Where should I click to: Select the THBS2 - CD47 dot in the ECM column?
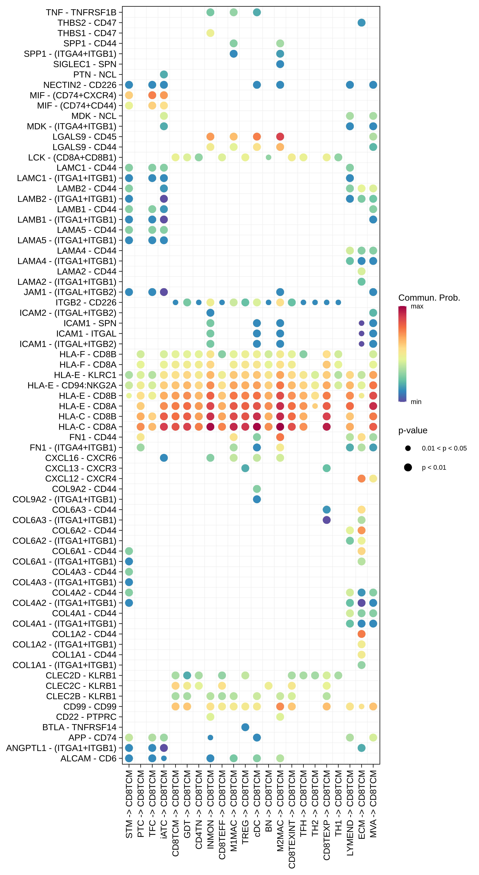click(x=361, y=23)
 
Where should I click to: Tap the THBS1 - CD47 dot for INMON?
click(x=210, y=33)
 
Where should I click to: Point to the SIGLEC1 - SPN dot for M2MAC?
click(x=280, y=64)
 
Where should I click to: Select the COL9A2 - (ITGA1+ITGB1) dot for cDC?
click(x=257, y=499)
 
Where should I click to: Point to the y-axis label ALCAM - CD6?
click(x=88, y=758)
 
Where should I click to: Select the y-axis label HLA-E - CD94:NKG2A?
click(x=72, y=385)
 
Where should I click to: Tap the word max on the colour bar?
click(x=417, y=306)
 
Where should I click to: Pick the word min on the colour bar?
click(x=416, y=402)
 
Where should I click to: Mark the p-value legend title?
click(x=413, y=430)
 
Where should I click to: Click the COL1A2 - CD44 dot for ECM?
click(x=361, y=634)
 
